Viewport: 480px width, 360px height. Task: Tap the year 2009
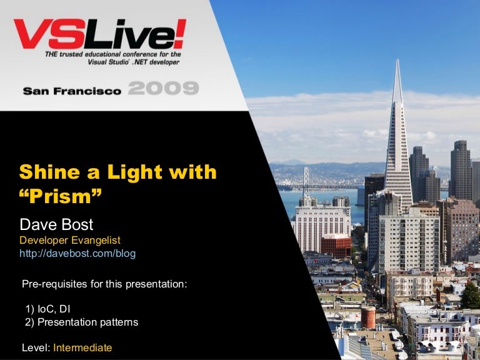164,88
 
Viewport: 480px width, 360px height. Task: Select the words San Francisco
72,91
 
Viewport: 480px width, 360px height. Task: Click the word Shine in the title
47,172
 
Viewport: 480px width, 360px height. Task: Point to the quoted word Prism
61,196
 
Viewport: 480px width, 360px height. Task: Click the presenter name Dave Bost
56,224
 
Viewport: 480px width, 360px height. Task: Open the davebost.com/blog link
77,253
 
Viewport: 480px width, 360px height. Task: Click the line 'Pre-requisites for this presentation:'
104,284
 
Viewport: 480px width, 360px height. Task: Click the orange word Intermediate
82,347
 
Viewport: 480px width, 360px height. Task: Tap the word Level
35,347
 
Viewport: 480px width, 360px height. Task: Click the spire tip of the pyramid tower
397,62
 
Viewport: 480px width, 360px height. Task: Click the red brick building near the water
336,245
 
